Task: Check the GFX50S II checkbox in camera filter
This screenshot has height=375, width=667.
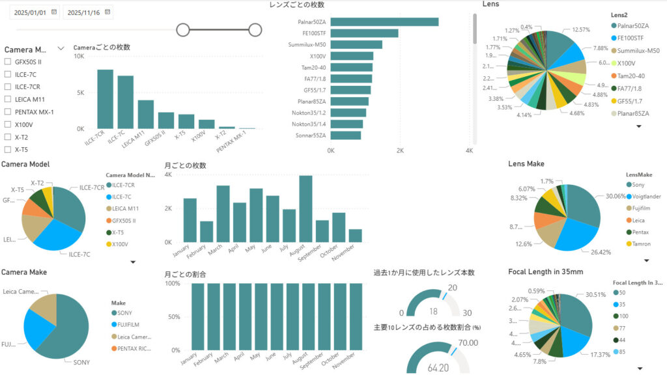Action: tap(8, 61)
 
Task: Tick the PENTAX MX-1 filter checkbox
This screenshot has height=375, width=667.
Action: tap(8, 111)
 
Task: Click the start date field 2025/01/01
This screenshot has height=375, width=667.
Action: tap(30, 12)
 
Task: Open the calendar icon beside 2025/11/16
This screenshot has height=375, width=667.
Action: tap(108, 12)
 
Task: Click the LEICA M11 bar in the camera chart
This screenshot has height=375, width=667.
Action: tap(146, 114)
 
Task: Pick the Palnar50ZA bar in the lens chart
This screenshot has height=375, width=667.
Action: tap(384, 21)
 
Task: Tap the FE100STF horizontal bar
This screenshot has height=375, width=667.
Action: tap(364, 33)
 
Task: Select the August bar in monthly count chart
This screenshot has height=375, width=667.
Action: tap(305, 208)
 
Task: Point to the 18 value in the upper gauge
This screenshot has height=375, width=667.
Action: tap(433, 311)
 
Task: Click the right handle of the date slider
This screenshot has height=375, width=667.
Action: tap(255, 29)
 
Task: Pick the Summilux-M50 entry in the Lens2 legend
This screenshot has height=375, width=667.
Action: tap(638, 50)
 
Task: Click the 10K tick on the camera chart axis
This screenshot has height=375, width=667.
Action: tap(79, 57)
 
